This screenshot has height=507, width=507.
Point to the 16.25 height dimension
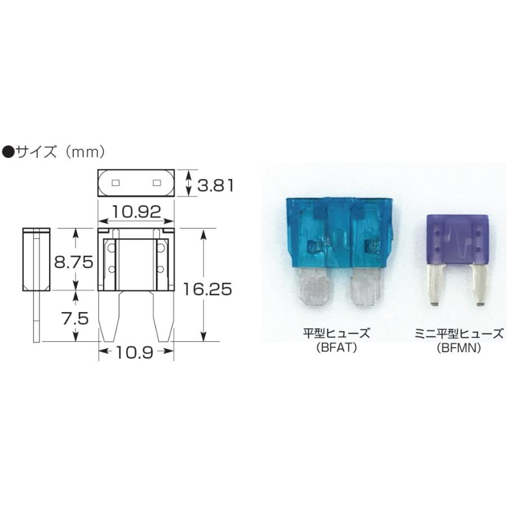point(207,289)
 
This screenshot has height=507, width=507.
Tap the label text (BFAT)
point(336,348)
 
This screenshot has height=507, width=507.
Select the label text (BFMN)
point(457,348)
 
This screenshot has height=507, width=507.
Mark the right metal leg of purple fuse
point(480,284)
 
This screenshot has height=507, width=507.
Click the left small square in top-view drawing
point(116,183)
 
